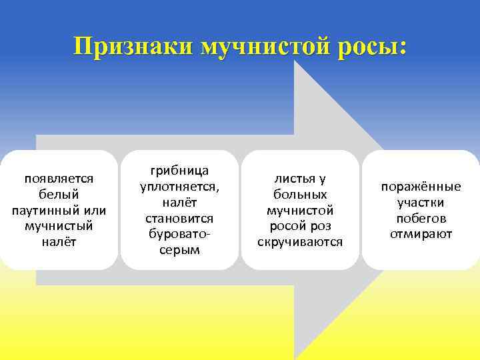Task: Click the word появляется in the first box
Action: point(59,179)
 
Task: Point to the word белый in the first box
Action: point(59,195)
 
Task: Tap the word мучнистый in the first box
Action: point(59,226)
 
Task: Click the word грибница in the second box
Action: point(179,171)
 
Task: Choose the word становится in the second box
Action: point(179,218)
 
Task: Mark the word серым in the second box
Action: point(179,250)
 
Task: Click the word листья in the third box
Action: point(293,179)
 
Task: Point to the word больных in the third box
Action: point(300,195)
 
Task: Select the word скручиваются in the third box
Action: point(300,242)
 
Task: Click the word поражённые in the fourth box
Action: point(421,187)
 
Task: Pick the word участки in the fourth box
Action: point(421,203)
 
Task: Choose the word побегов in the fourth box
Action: point(421,218)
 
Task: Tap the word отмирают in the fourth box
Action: point(421,234)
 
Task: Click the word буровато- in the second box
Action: point(179,234)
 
